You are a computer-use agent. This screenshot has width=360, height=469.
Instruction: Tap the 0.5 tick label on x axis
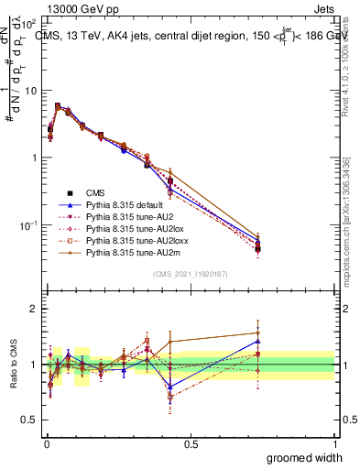click(191, 444)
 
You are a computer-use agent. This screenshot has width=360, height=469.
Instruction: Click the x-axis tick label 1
click(334, 444)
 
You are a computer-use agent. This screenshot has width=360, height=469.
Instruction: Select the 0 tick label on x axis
click(47, 444)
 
